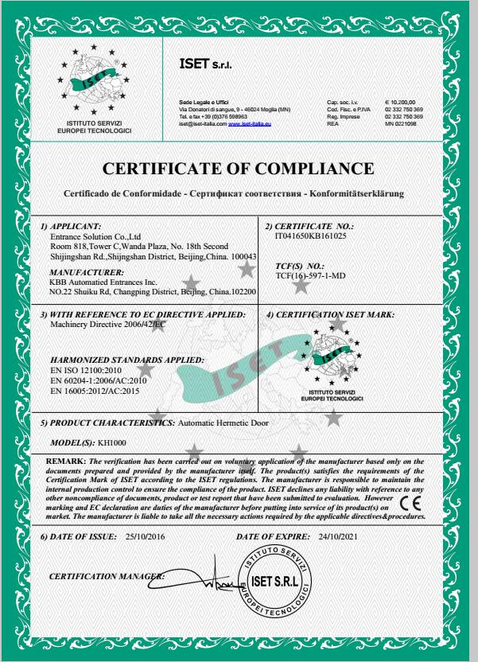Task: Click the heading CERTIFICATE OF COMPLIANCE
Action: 239,169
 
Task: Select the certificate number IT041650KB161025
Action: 307,237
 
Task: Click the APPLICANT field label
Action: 76,228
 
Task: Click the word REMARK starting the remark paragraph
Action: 68,462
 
